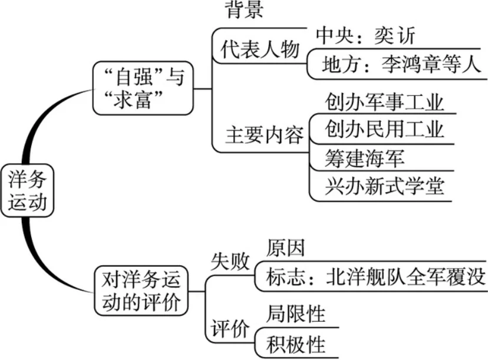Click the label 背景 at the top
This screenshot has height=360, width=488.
click(x=243, y=9)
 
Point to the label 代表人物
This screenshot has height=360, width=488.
click(x=260, y=49)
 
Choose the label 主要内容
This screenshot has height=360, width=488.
click(x=264, y=135)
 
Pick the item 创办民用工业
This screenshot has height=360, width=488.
click(x=384, y=129)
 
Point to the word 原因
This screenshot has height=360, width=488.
click(x=285, y=248)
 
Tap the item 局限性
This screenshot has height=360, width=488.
click(x=295, y=313)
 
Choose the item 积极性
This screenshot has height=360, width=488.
click(x=295, y=342)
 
